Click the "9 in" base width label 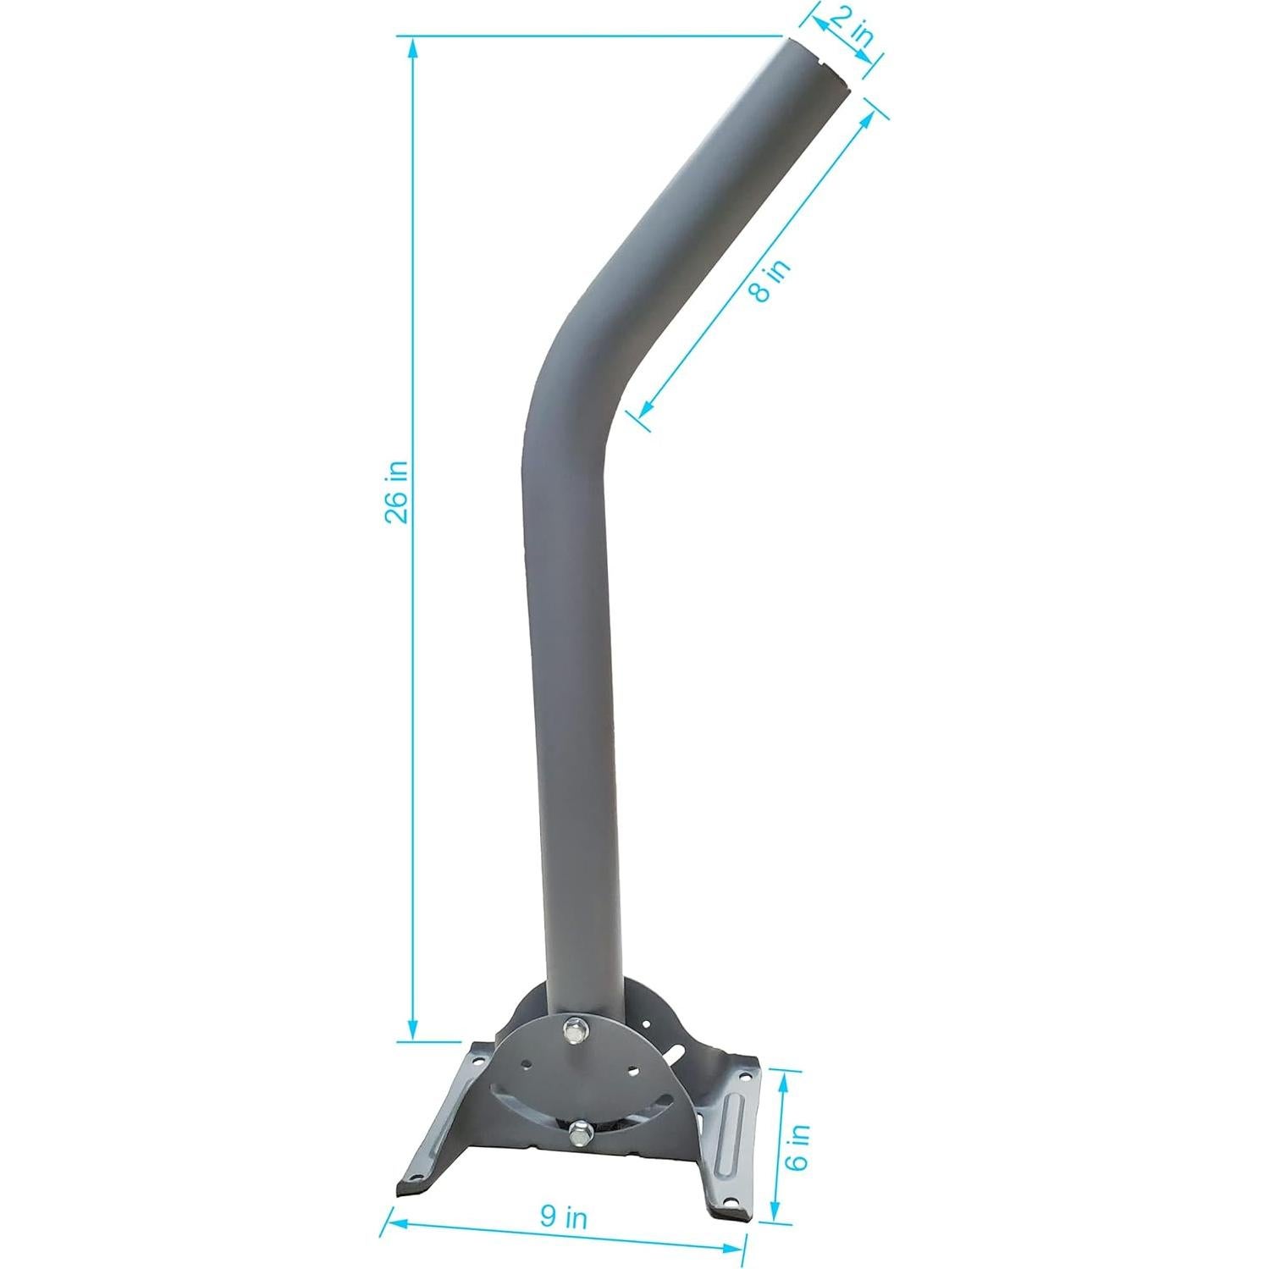(x=564, y=1217)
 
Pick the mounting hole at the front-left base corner (x=414, y=1178)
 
